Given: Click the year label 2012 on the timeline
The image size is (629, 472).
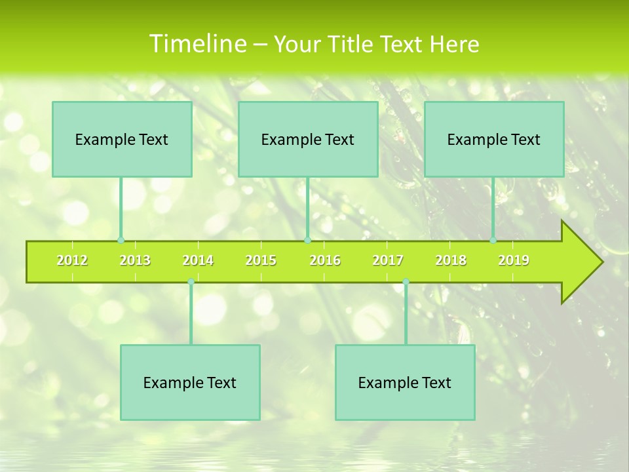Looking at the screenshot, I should click(x=72, y=261).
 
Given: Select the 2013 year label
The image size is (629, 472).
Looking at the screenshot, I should click(x=135, y=261).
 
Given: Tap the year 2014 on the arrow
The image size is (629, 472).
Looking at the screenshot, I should click(x=198, y=261).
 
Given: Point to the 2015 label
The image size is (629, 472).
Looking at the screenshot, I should click(x=261, y=261).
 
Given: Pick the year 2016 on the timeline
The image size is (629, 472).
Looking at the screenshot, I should click(x=325, y=261).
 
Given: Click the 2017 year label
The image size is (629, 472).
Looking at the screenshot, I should click(x=388, y=261).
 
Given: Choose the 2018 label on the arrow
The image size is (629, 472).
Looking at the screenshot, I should click(x=451, y=261).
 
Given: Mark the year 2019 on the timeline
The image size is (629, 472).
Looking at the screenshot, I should click(x=514, y=261).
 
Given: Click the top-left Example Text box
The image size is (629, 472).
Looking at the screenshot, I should click(x=122, y=139).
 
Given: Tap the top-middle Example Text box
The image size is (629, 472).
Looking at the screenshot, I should click(x=308, y=139).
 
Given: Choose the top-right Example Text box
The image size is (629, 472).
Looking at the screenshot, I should click(x=494, y=139).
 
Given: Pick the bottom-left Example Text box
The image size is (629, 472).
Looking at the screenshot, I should click(x=190, y=382).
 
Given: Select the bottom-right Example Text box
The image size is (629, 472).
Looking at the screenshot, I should click(x=405, y=382).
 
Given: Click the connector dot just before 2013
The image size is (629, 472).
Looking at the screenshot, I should click(x=121, y=241).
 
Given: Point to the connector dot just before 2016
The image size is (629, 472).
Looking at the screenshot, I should click(x=307, y=241).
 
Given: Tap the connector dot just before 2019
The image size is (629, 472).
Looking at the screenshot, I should click(x=493, y=241).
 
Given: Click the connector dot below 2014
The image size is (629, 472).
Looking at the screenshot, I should click(x=191, y=282).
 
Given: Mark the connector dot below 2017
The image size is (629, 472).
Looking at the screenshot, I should click(x=406, y=282).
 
